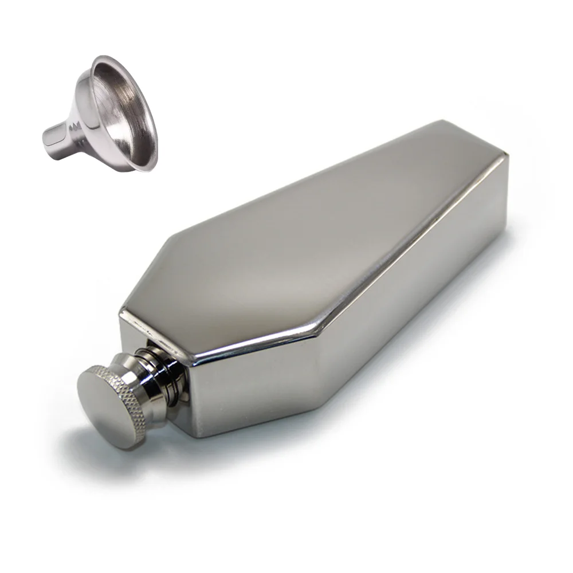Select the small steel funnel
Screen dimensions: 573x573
(103, 115)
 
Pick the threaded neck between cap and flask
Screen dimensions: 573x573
(163, 372)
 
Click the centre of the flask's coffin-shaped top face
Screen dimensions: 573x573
(321, 246)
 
